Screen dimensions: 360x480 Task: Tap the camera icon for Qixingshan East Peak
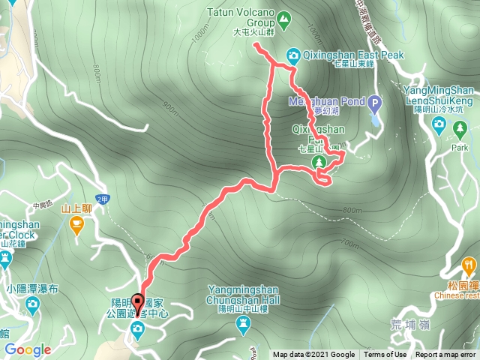292,55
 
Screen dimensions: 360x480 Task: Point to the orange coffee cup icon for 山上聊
76,223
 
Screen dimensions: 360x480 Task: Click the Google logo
28,349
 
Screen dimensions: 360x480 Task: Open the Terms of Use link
385,355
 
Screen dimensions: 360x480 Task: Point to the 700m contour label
349,243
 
